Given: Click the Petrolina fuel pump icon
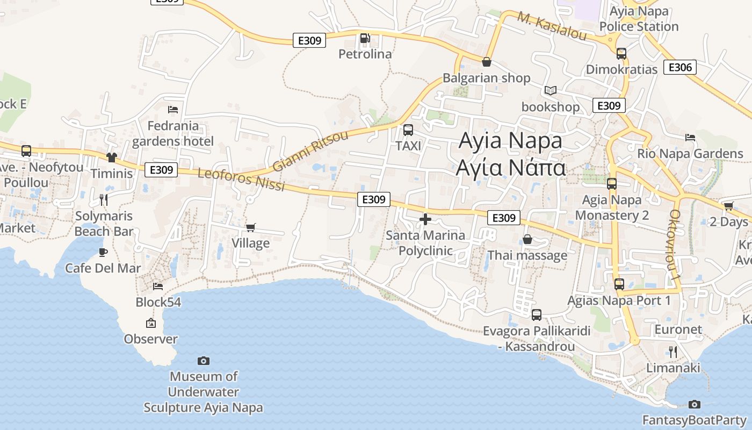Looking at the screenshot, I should (365, 38).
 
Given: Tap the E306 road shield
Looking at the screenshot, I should (680, 67).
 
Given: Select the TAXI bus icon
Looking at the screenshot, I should (408, 130).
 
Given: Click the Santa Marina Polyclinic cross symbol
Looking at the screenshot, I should (425, 219).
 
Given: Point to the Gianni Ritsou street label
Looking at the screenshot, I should (310, 151).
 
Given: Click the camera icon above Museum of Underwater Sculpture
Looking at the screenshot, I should (203, 361).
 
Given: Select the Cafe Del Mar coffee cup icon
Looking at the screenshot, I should (103, 252).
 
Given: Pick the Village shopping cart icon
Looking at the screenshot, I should (250, 227).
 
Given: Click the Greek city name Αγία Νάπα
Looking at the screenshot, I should (510, 167).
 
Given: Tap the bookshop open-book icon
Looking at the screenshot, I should (551, 90).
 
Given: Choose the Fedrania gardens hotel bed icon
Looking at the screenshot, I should (173, 110).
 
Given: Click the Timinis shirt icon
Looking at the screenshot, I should (112, 157).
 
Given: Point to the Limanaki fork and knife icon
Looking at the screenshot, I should (673, 352).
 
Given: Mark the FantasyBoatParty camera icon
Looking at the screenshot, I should (694, 404).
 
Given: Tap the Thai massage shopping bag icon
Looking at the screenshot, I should (527, 239).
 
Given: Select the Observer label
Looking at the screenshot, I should (150, 339).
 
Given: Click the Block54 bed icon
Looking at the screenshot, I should (158, 286).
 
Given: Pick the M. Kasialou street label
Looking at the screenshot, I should (552, 26).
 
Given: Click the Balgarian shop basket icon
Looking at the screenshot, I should (487, 62).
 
